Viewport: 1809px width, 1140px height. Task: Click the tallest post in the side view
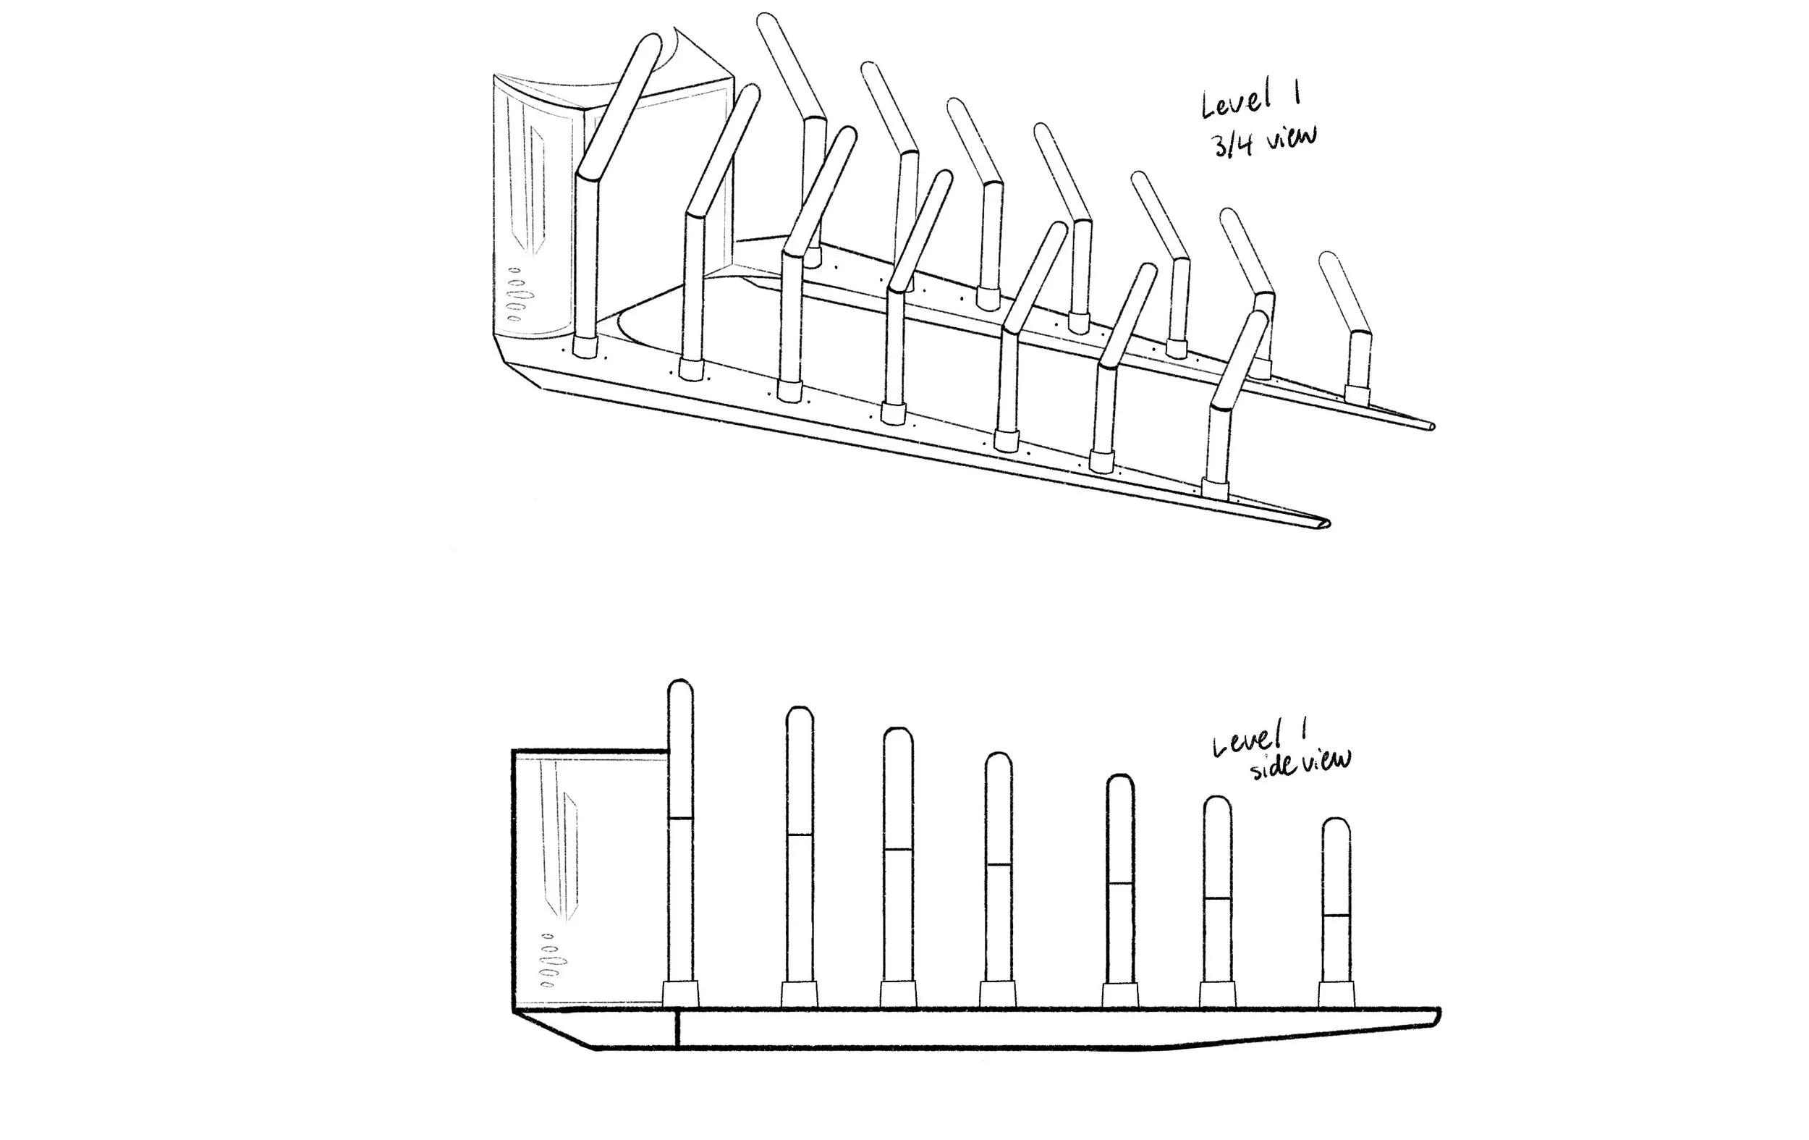click(680, 827)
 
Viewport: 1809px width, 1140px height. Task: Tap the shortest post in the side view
click(1336, 902)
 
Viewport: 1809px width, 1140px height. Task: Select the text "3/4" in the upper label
click(1232, 144)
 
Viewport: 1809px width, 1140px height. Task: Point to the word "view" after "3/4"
click(1291, 138)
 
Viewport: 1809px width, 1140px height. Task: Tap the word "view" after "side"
click(1326, 761)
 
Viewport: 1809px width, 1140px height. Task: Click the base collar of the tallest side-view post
click(680, 994)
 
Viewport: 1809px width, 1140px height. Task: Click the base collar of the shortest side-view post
click(1336, 994)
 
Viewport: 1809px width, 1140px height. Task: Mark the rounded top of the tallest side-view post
click(680, 688)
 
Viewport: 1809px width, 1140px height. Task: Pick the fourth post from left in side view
click(998, 864)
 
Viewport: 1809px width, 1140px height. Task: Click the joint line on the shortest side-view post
click(1336, 916)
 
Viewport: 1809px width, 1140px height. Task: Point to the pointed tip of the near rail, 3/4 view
click(1324, 523)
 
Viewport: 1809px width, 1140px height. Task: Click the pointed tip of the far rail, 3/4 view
click(1430, 427)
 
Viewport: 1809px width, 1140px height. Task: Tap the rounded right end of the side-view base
click(1436, 1016)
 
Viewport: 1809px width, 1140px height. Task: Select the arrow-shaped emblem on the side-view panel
click(569, 857)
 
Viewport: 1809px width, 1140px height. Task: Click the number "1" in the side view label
click(1301, 727)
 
